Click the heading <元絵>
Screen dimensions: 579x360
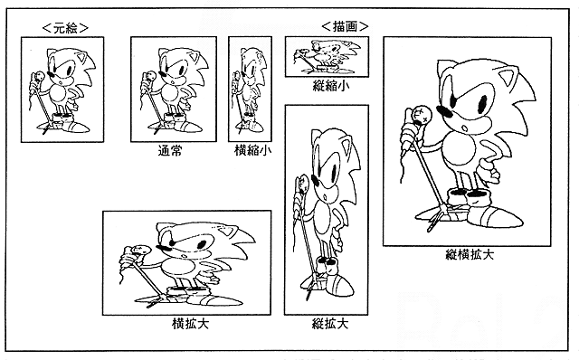[x=66, y=28]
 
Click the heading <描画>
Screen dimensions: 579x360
[x=345, y=26]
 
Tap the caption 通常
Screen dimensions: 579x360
[x=170, y=151]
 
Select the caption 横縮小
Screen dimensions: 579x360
[x=253, y=150]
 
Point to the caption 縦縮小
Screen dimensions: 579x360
[x=331, y=86]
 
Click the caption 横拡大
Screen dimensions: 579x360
[x=191, y=324]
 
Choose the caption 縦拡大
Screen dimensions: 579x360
[x=330, y=324]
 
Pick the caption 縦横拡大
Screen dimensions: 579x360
[x=470, y=255]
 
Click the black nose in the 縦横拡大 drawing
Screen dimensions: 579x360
[x=444, y=111]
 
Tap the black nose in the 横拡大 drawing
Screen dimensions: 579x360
[x=163, y=248]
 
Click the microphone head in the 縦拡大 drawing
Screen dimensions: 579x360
[x=304, y=184]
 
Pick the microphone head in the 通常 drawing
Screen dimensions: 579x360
[x=151, y=77]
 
